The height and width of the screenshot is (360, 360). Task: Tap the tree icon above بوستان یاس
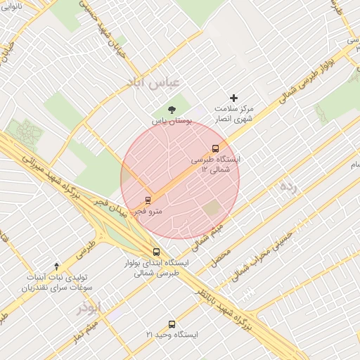point(172,109)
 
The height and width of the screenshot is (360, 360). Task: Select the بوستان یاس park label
point(172,121)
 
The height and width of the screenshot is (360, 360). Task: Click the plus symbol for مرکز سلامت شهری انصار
point(234,98)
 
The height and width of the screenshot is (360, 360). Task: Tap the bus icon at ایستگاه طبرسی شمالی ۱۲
point(215,148)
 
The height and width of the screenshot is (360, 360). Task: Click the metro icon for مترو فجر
point(148,199)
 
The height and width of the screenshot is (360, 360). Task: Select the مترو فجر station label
point(149,210)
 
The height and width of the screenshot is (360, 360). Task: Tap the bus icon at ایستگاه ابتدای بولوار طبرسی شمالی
point(156,252)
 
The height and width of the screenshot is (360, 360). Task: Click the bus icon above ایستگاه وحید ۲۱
point(172,324)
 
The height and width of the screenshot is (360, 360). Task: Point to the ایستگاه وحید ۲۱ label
point(172,335)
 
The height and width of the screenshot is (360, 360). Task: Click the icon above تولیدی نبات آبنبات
point(57,265)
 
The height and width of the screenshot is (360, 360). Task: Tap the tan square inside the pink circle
point(212,209)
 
